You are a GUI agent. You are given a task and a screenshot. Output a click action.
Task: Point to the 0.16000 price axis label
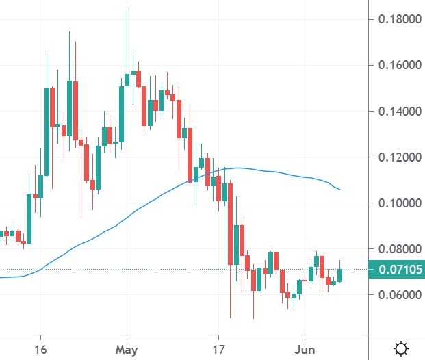pyautogui.click(x=400, y=65)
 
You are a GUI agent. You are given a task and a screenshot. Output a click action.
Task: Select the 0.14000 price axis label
pyautogui.click(x=400, y=111)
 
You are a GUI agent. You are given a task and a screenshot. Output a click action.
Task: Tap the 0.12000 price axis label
pyautogui.click(x=400, y=157)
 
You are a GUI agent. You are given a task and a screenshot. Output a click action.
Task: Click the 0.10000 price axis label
pyautogui.click(x=400, y=203)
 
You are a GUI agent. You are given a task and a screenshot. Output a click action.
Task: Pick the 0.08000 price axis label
pyautogui.click(x=400, y=249)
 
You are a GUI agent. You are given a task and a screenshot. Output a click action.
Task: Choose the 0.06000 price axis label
pyautogui.click(x=400, y=295)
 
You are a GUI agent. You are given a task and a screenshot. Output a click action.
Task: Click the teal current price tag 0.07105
pyautogui.click(x=396, y=270)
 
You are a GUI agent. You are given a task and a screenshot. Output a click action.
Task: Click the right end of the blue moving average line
pyautogui.click(x=340, y=190)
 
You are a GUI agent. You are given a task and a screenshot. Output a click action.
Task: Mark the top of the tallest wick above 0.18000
pyautogui.click(x=127, y=10)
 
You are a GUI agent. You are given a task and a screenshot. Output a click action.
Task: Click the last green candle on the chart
pyautogui.click(x=340, y=275)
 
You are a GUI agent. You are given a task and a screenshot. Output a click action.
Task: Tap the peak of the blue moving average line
pyautogui.click(x=236, y=168)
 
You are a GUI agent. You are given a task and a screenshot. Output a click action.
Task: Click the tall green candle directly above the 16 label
pyautogui.click(x=47, y=130)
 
